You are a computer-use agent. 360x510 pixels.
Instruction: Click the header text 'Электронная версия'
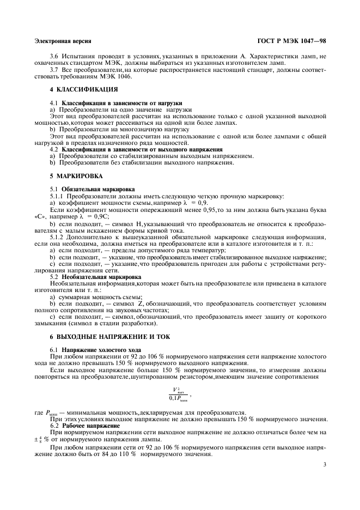click(x=62, y=41)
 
